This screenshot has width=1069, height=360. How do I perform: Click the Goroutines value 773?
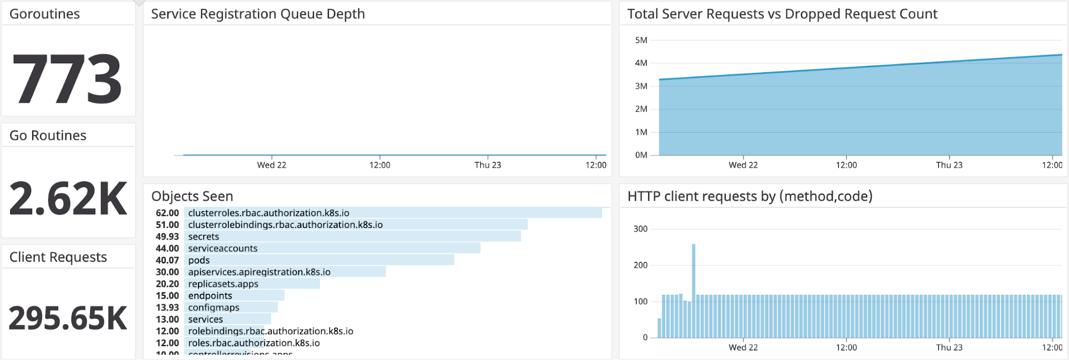tap(67, 79)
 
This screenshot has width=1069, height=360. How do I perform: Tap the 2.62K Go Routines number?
tap(68, 199)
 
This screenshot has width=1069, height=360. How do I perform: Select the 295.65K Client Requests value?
tap(68, 318)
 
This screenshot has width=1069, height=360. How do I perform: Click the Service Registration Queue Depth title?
tap(258, 14)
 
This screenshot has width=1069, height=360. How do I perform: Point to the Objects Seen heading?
tap(192, 196)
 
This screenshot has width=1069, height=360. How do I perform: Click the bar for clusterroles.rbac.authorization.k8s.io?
tap(393, 213)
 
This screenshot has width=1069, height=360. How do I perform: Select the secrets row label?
tap(204, 236)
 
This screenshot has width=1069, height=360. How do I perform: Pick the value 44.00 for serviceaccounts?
tap(167, 248)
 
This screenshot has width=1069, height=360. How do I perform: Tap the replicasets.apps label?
tap(223, 284)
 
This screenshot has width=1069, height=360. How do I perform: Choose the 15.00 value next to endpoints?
tap(167, 296)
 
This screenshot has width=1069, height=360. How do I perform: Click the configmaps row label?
tap(214, 308)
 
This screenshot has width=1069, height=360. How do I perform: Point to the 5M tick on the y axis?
tap(641, 40)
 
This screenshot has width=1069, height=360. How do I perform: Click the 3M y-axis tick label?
tap(641, 86)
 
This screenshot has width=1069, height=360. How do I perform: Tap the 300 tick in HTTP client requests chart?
tap(640, 229)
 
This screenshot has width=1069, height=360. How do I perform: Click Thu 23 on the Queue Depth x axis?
tap(488, 165)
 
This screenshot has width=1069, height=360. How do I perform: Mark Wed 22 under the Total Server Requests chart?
tap(743, 165)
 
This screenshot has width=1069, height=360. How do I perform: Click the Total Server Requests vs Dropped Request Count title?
tap(782, 14)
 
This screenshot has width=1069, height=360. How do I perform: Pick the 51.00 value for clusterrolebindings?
tap(167, 225)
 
